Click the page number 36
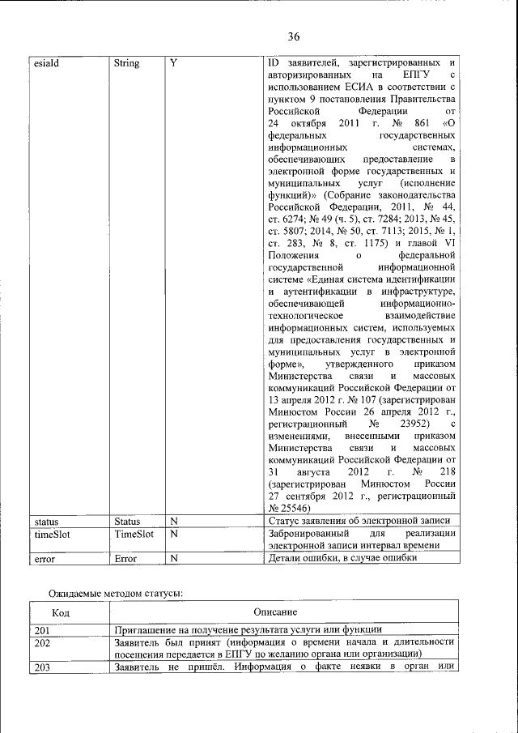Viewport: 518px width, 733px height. [293, 36]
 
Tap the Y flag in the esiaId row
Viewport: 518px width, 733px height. [173, 63]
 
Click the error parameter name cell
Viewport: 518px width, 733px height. [44, 558]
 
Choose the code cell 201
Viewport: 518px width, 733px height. [43, 629]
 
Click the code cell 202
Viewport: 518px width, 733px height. [43, 642]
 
